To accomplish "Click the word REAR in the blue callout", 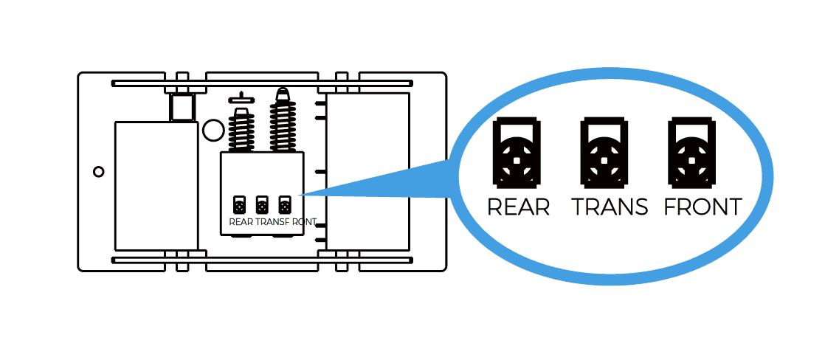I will [519, 207].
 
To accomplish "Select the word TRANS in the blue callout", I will [610, 207].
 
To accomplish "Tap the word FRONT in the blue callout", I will [703, 207].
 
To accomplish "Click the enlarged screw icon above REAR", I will [519, 151].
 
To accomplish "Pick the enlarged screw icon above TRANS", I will [604, 151].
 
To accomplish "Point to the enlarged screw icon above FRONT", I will [692, 151].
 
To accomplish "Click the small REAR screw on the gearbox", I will [239, 205].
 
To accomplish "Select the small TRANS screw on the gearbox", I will [261, 205].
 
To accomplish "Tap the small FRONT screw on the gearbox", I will [284, 205].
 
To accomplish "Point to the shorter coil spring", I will [241, 131].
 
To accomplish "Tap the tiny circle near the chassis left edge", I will [98, 172].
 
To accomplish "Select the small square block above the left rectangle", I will [182, 108].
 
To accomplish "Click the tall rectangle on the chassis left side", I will [156, 185].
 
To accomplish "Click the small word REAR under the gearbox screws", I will [241, 221].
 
